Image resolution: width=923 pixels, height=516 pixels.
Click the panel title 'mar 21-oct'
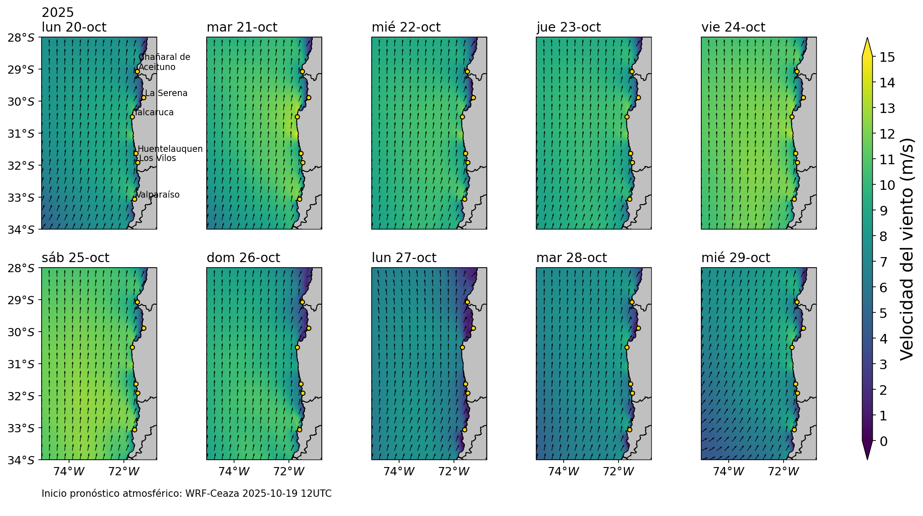coord(242,27)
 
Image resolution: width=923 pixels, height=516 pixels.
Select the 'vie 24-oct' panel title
coord(733,27)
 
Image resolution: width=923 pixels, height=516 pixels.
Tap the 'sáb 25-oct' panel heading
coord(75,258)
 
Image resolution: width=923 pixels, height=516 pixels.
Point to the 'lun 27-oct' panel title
coord(404,258)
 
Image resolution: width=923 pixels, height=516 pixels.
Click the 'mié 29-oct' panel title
coord(736,258)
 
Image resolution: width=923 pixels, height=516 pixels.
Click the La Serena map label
coord(166,93)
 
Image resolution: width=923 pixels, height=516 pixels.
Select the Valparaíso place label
coord(158,195)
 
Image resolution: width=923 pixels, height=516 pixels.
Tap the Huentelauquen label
coord(170,149)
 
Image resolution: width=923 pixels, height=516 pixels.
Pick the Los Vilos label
coord(157,158)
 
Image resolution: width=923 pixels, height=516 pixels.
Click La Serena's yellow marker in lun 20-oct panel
coord(144,97)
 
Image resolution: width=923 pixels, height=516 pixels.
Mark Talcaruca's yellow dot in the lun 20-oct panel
coord(132,117)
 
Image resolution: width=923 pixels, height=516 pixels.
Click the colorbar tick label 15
coord(884,57)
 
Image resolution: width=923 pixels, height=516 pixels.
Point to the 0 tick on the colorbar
coord(883,441)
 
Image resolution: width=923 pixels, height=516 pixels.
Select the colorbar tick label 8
coord(883,236)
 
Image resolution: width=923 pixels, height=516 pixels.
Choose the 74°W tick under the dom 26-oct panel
coord(234,471)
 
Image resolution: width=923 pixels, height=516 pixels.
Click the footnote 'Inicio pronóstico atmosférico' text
coord(187,494)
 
